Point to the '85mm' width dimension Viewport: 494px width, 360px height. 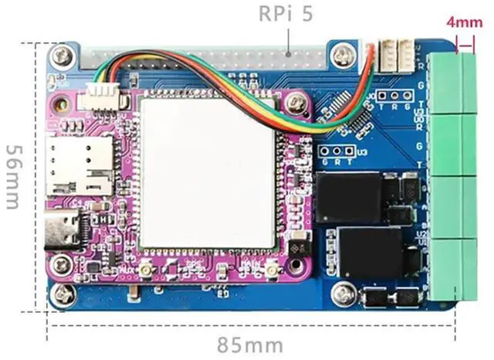pos(249,341)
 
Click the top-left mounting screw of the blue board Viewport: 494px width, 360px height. pos(59,56)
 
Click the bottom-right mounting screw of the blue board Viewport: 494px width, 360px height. pos(340,292)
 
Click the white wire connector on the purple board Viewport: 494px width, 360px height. pos(101,97)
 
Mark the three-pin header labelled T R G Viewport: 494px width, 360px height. pos(387,95)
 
